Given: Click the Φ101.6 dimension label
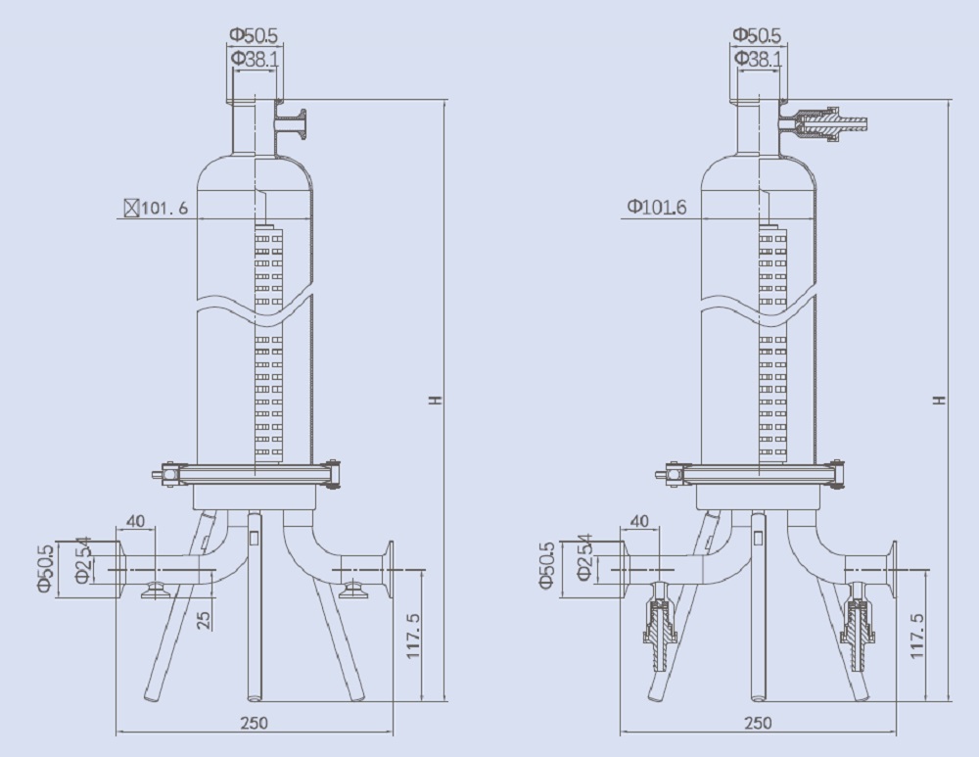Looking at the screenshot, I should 657,207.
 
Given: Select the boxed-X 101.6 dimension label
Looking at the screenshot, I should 156,208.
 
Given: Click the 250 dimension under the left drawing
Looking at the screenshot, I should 253,723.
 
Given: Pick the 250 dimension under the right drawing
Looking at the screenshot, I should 758,723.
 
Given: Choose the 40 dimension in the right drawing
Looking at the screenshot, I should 642,521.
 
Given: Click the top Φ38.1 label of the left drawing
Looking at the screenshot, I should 255,59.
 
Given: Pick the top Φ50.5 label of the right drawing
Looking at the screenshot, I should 758,35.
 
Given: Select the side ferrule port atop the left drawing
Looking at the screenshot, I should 291,123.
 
